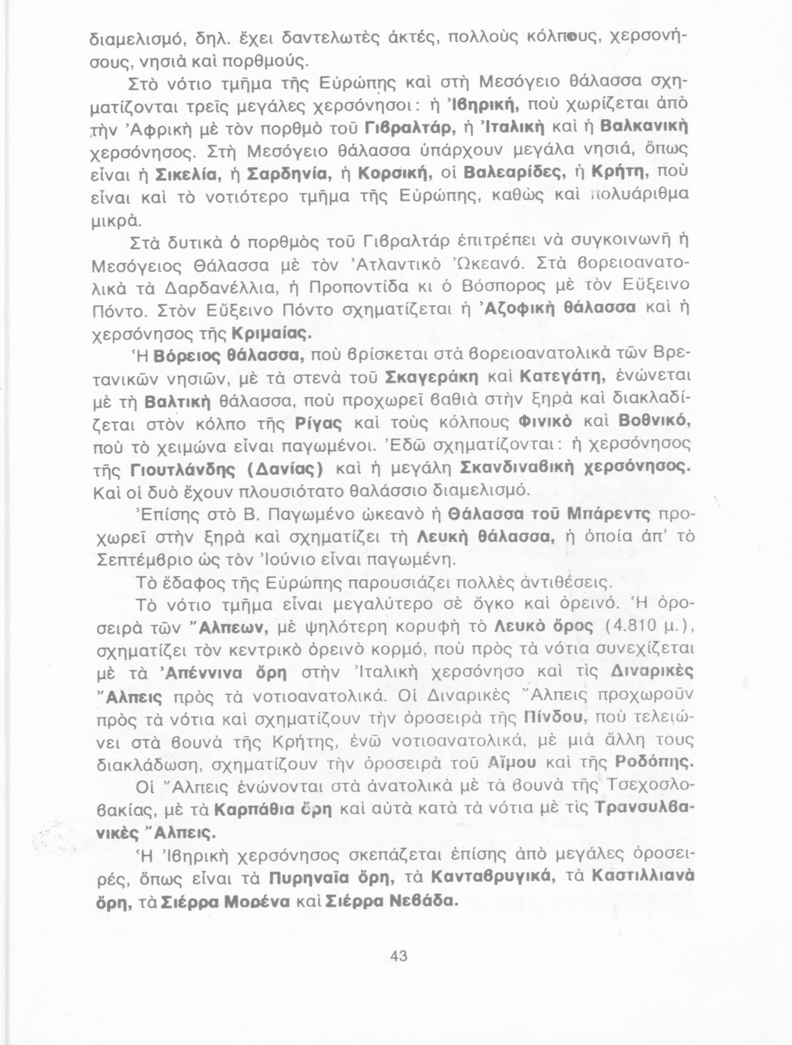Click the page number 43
[x=399, y=957]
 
